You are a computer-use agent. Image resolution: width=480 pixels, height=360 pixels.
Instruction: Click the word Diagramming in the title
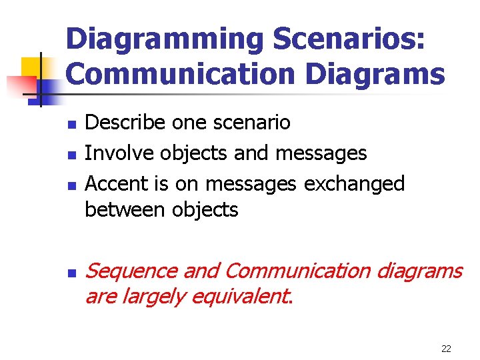(165, 39)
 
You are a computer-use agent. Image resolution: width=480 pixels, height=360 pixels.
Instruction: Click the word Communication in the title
(181, 74)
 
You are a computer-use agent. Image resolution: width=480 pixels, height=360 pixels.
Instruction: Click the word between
(125, 209)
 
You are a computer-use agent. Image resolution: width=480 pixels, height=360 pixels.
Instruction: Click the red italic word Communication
(297, 271)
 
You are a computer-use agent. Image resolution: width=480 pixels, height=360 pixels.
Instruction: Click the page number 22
(447, 349)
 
